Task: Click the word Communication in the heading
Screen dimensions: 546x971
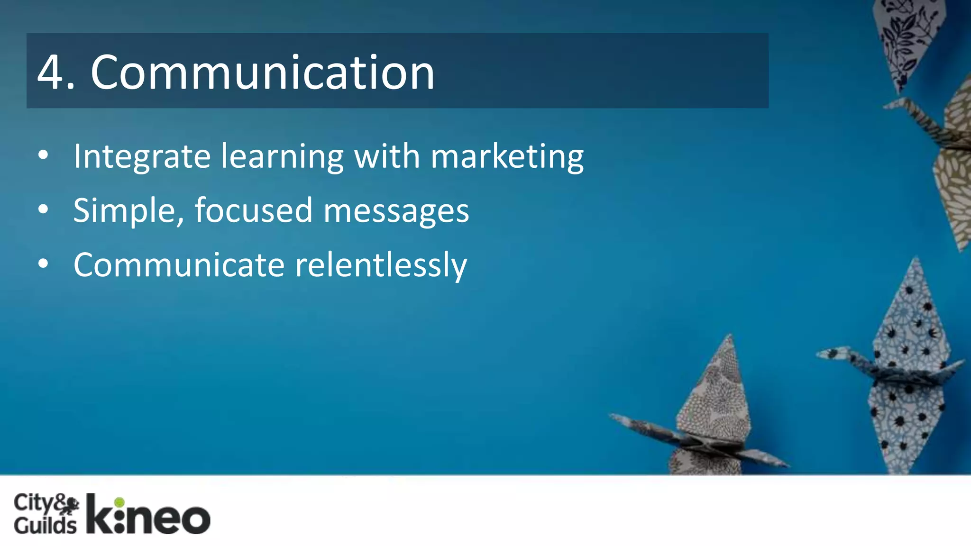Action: point(262,73)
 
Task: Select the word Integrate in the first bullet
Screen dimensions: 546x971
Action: point(142,157)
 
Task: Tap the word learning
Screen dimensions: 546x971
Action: point(282,157)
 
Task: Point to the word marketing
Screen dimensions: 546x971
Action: point(507,157)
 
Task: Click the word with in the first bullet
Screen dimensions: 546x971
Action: point(387,156)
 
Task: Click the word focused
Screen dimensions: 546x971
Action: point(253,211)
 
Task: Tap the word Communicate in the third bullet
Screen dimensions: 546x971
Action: point(179,265)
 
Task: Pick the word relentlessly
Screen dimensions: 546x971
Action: point(381,265)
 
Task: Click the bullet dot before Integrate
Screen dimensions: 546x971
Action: point(43,155)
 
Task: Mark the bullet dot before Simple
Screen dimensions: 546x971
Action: point(43,209)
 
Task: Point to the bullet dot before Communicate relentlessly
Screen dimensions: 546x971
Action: point(43,264)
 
